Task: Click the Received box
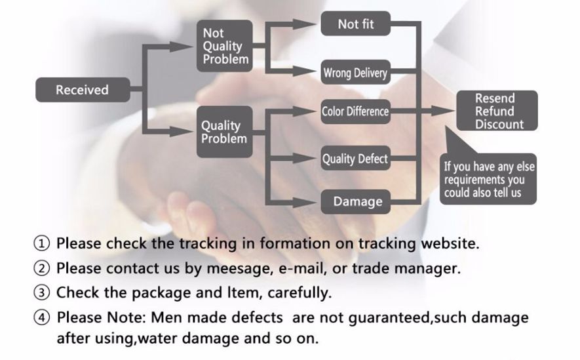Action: tap(82, 90)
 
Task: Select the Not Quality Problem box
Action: tap(225, 46)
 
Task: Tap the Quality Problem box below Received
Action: tap(225, 131)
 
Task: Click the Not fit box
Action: tap(356, 24)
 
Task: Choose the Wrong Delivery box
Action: tap(355, 73)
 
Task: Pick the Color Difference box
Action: tap(355, 111)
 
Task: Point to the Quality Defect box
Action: tap(355, 159)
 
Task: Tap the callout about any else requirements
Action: tap(489, 179)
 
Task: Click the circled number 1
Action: tap(42, 244)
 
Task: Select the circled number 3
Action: tap(42, 292)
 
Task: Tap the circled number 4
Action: tap(42, 318)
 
